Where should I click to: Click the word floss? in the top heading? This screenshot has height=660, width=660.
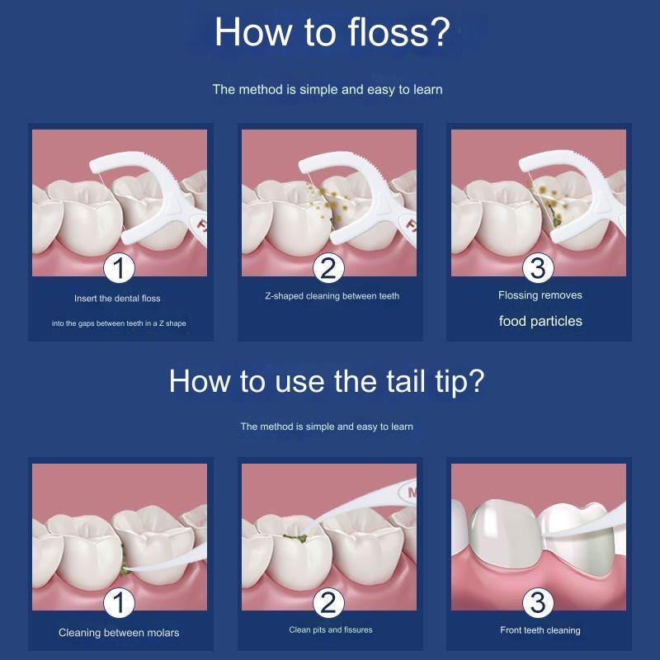[x=399, y=32]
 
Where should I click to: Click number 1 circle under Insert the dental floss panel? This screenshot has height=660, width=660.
[x=119, y=268]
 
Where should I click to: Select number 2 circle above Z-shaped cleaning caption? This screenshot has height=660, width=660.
[x=328, y=268]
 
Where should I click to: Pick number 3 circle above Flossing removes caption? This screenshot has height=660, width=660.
[x=538, y=268]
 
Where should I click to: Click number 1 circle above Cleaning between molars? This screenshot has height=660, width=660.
[x=119, y=602]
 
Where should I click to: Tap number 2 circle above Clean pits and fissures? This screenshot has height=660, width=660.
[x=328, y=602]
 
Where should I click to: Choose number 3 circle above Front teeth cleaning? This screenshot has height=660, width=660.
[x=538, y=602]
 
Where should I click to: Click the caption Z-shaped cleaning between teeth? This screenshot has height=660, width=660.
[x=332, y=296]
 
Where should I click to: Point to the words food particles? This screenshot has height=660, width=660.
[x=540, y=321]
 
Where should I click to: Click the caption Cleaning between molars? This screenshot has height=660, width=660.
[x=119, y=633]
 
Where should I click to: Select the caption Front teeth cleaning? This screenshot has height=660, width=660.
[x=540, y=630]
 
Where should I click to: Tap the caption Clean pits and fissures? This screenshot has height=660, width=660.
[x=331, y=629]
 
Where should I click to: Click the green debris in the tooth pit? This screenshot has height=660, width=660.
[x=295, y=538]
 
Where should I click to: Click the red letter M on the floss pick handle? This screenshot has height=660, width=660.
[x=412, y=492]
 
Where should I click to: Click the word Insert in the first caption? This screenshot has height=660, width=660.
[x=86, y=299]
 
